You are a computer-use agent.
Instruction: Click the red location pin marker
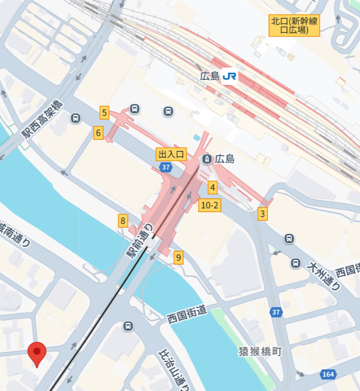[x=37, y=353]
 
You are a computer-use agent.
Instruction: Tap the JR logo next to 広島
[x=230, y=76]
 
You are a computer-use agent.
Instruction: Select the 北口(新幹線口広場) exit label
[x=294, y=26]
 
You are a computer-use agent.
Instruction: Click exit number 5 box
[x=104, y=113]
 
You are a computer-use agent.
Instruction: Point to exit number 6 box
[x=98, y=133]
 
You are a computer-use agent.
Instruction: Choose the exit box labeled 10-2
[x=210, y=205]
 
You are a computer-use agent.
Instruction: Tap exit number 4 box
[x=213, y=188]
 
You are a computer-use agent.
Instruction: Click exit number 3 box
[x=263, y=214]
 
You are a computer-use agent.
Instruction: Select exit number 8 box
[x=124, y=221]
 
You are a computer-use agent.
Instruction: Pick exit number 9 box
[x=179, y=258]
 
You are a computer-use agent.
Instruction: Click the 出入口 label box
[x=171, y=154]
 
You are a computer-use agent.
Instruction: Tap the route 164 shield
[x=328, y=374]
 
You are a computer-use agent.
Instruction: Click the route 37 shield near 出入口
[x=166, y=167]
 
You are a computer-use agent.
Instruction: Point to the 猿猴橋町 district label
[x=260, y=351]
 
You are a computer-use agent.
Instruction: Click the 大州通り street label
[x=324, y=275]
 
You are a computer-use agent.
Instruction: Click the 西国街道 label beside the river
[x=187, y=314]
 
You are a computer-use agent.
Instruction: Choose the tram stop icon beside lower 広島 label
[x=207, y=159]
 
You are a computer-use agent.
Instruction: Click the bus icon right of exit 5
[x=135, y=109]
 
